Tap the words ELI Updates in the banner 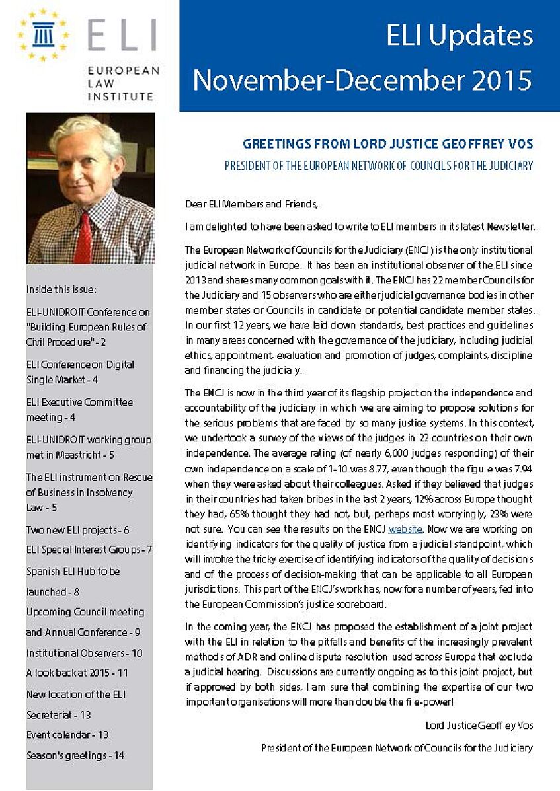[x=460, y=36]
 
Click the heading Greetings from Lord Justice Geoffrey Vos [x=387, y=143]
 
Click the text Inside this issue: [x=61, y=289]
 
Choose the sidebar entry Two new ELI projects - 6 [x=77, y=530]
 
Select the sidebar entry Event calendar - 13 [x=67, y=735]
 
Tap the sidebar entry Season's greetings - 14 [x=75, y=755]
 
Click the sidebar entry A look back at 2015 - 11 [x=77, y=673]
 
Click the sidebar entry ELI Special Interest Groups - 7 [x=89, y=550]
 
